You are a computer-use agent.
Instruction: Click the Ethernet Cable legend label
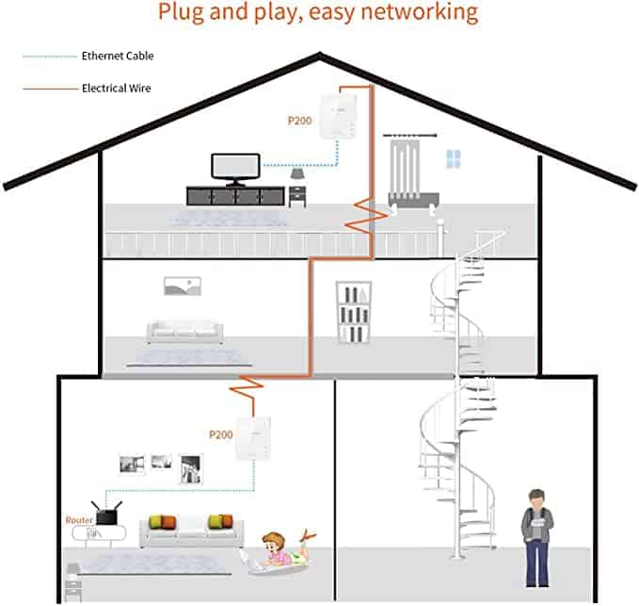(117, 57)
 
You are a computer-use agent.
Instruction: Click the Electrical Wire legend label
(117, 88)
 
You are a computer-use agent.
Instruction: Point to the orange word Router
(77, 520)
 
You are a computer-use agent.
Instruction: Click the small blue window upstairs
(454, 158)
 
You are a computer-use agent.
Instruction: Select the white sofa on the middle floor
(185, 331)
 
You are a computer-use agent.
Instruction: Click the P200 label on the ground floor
(219, 434)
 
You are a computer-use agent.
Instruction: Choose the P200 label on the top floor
(299, 122)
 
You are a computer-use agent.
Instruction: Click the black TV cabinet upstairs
(235, 195)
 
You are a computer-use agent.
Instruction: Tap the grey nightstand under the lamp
(297, 195)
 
